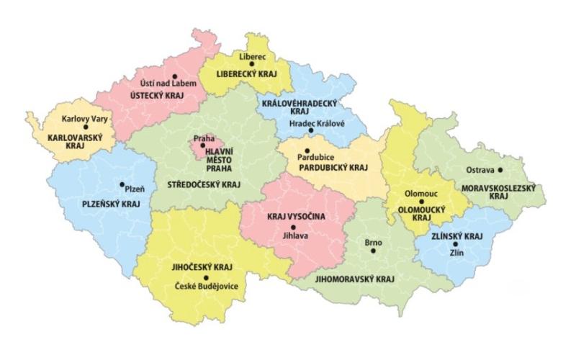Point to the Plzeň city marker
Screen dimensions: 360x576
122,184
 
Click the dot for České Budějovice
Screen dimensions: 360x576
206,278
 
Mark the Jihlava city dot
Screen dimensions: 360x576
293,227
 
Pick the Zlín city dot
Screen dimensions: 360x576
455,245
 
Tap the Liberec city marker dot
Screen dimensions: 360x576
252,64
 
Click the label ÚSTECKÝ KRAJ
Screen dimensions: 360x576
156,94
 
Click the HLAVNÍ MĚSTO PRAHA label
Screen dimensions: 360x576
217,159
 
